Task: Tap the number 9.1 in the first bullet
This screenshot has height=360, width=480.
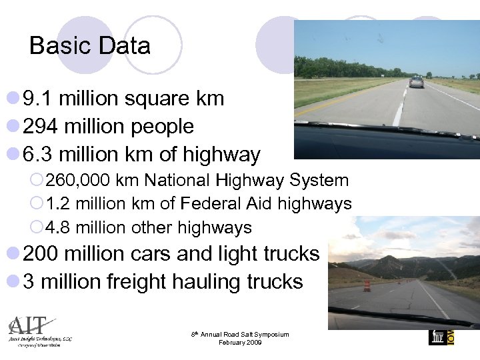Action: pyautogui.click(x=37, y=99)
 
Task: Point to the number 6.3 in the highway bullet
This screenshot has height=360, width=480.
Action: pyautogui.click(x=37, y=155)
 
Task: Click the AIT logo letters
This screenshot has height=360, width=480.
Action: pyautogui.click(x=27, y=326)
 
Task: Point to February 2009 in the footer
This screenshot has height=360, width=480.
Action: pyautogui.click(x=239, y=343)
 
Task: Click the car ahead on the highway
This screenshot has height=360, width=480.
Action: pyautogui.click(x=417, y=82)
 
